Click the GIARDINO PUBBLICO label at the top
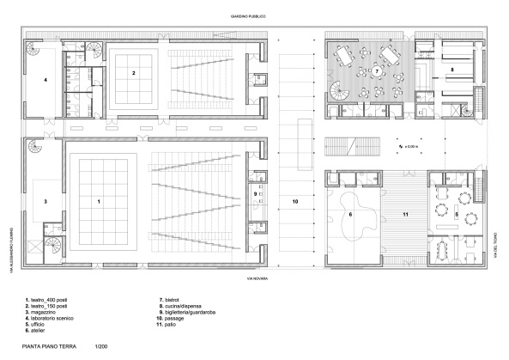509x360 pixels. click(x=247, y=16)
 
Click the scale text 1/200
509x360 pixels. click(x=100, y=347)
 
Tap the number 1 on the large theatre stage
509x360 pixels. click(x=100, y=200)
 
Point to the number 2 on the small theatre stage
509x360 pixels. click(x=133, y=73)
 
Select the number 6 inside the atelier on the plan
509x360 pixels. click(x=349, y=213)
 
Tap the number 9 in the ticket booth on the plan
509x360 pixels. click(x=256, y=195)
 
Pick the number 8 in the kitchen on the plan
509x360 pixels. click(x=451, y=67)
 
